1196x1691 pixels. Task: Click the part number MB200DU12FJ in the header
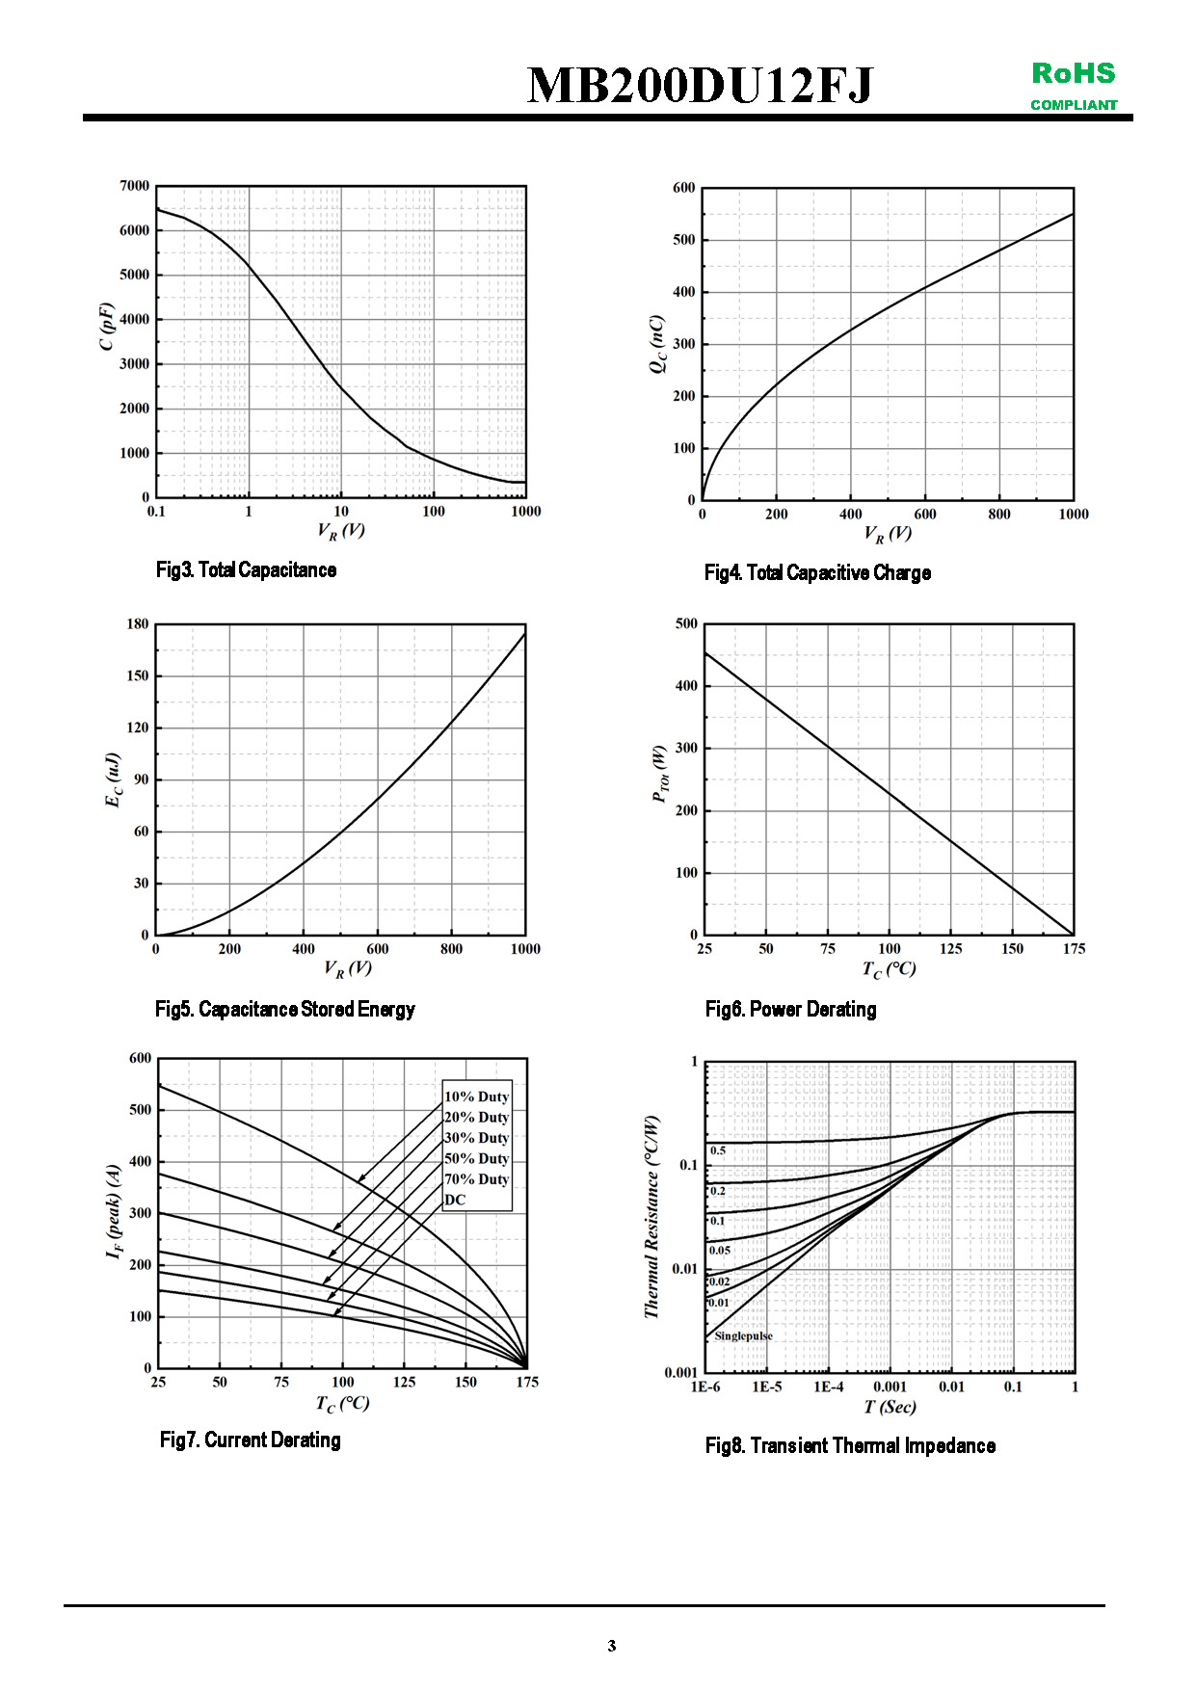pyautogui.click(x=700, y=86)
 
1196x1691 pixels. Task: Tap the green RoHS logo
pyautogui.click(x=1074, y=74)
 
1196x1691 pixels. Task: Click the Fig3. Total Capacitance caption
pyautogui.click(x=246, y=570)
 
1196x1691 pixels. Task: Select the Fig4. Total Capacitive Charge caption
pyautogui.click(x=817, y=573)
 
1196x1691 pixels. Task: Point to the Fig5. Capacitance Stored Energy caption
pyautogui.click(x=285, y=1010)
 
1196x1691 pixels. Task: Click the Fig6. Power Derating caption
pyautogui.click(x=790, y=1010)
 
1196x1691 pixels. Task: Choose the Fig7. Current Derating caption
pyautogui.click(x=251, y=1440)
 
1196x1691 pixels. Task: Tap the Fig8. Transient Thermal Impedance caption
pyautogui.click(x=850, y=1446)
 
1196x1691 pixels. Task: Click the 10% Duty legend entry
pyautogui.click(x=476, y=1097)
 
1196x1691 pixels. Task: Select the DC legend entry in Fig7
pyautogui.click(x=455, y=1200)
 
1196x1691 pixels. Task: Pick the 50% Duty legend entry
pyautogui.click(x=476, y=1158)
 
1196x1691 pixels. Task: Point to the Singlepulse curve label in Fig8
pyautogui.click(x=743, y=1336)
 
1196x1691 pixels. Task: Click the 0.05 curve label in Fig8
pyautogui.click(x=720, y=1251)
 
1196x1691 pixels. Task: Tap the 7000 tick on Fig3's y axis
pyautogui.click(x=135, y=186)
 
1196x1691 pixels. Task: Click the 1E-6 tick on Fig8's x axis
pyautogui.click(x=705, y=1387)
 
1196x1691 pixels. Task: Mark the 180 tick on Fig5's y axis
pyautogui.click(x=138, y=624)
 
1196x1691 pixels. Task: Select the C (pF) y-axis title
pyautogui.click(x=107, y=327)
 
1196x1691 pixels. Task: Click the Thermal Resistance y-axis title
pyautogui.click(x=652, y=1217)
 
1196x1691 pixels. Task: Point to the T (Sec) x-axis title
pyautogui.click(x=890, y=1408)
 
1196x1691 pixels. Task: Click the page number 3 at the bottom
pyautogui.click(x=611, y=1646)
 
